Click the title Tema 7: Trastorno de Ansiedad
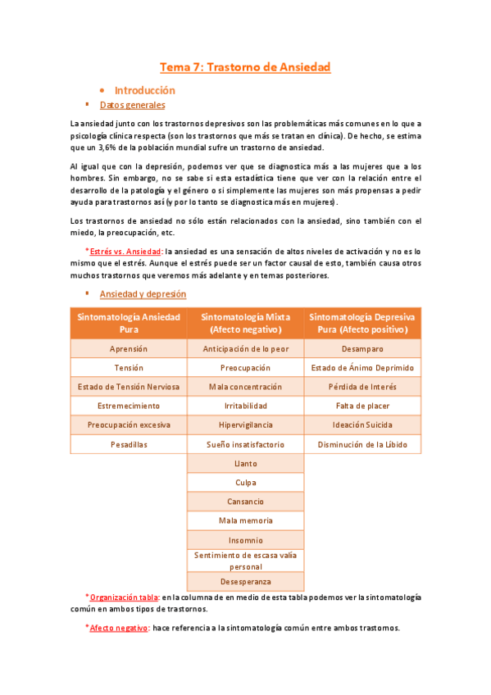click(244, 67)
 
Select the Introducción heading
click(144, 90)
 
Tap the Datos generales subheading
click(132, 105)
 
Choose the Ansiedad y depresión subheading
click(143, 293)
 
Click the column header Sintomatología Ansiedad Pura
click(129, 323)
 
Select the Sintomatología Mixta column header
click(245, 323)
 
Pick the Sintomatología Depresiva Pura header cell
click(361, 323)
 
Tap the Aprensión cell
click(129, 349)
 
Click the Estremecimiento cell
click(129, 406)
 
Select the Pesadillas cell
click(129, 444)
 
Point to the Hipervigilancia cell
click(245, 425)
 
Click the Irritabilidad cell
click(245, 406)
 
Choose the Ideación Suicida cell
click(361, 425)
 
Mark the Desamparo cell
click(361, 349)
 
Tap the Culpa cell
click(245, 483)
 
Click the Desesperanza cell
click(245, 582)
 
